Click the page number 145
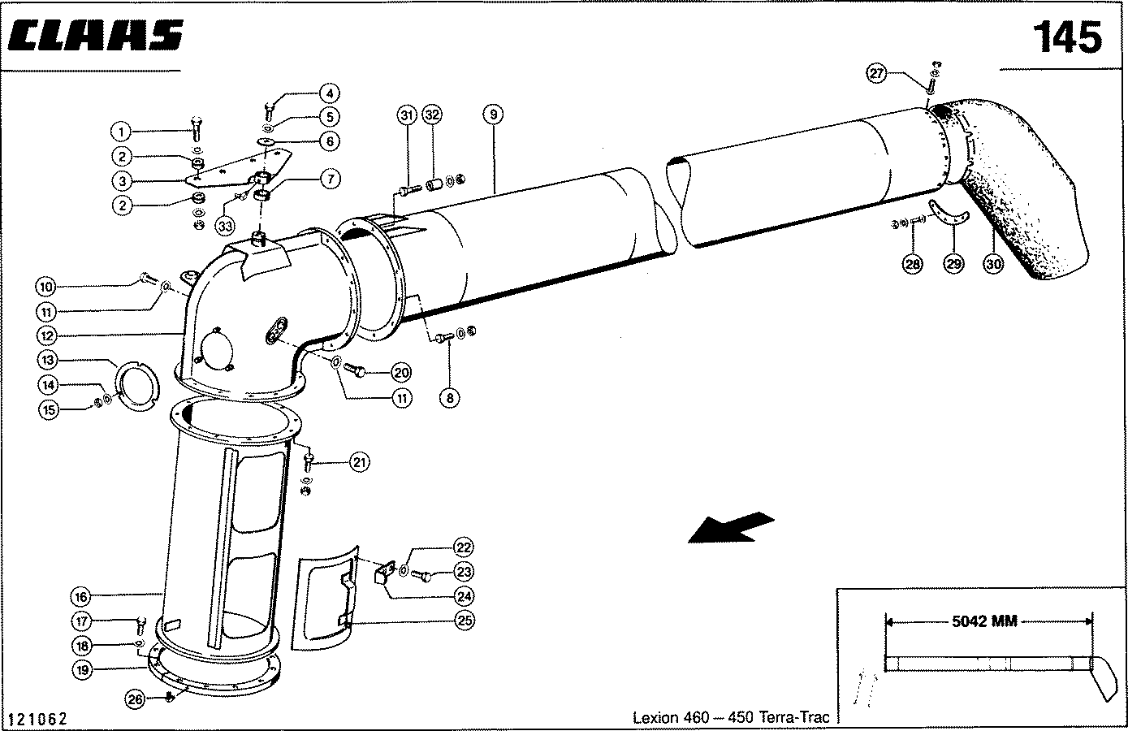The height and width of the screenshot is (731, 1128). [x=1067, y=37]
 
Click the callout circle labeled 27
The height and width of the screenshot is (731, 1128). [x=877, y=74]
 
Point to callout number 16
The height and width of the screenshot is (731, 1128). [x=80, y=597]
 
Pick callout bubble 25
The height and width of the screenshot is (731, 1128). [x=465, y=621]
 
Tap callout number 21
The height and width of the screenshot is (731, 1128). [x=359, y=462]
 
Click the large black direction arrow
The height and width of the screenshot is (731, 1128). [x=729, y=526]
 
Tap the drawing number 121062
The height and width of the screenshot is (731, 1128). [x=37, y=719]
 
